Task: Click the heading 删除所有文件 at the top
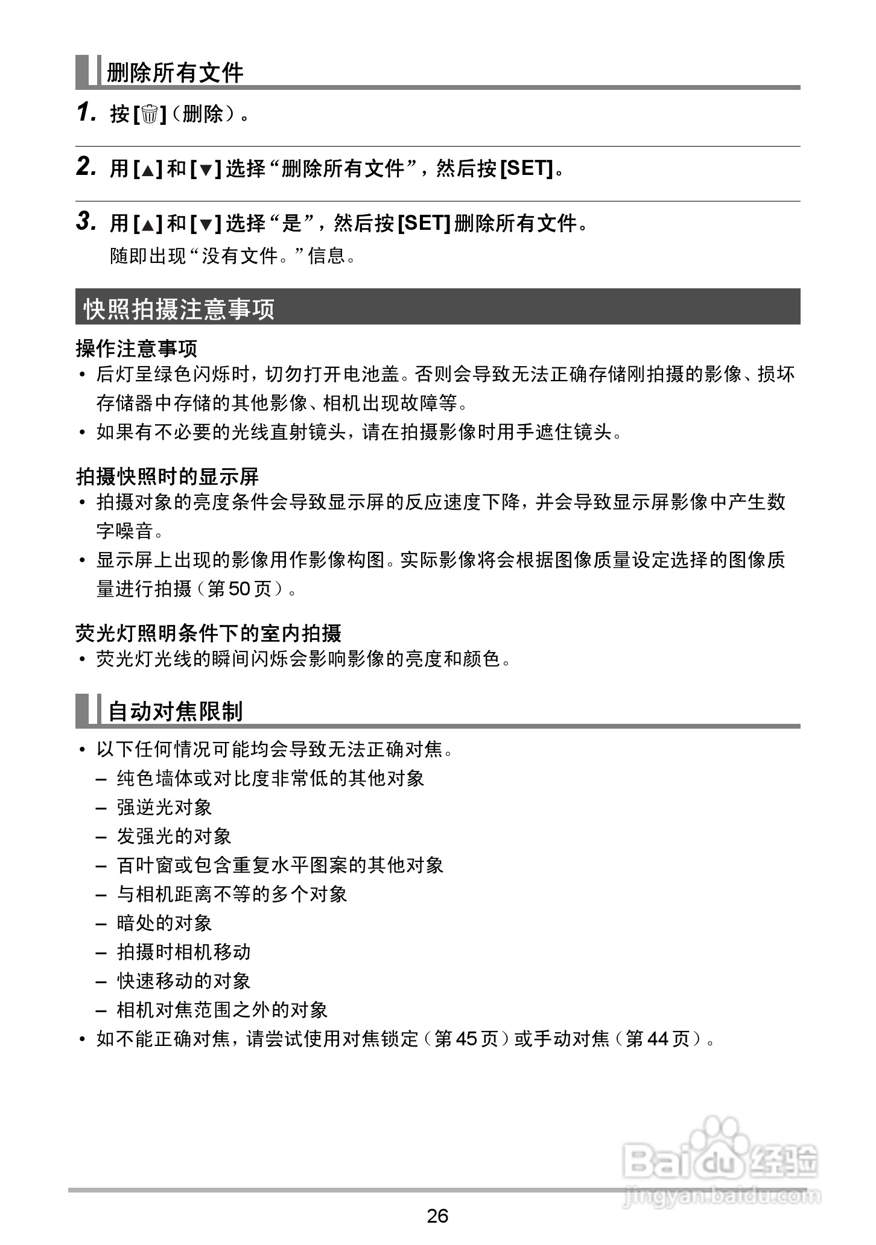[175, 73]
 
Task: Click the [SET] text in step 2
[526, 168]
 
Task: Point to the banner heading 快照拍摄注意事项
[179, 309]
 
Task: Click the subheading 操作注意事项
[137, 348]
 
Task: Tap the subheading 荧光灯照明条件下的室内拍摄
[209, 633]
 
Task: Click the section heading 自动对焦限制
[175, 711]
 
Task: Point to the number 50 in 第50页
[239, 589]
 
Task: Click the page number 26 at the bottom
[437, 1215]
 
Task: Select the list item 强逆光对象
[164, 807]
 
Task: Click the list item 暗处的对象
[164, 923]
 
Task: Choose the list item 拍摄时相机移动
[183, 952]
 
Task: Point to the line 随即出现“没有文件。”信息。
[233, 256]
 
